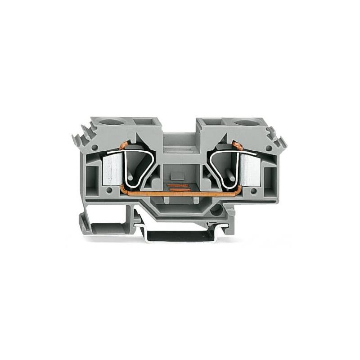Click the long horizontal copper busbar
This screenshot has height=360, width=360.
(x=180, y=194)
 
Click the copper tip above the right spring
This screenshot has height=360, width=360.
(x=237, y=145)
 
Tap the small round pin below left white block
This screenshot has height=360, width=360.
(x=108, y=191)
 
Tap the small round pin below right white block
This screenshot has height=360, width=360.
(x=253, y=191)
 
